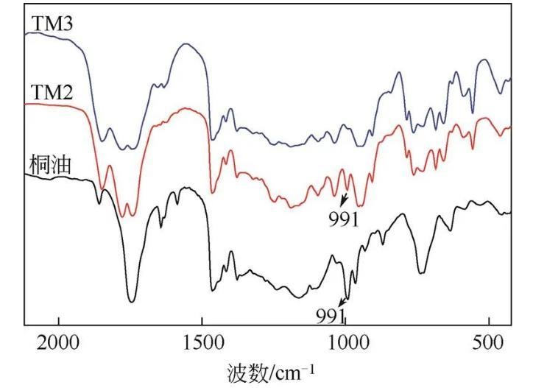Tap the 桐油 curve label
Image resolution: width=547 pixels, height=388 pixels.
tap(49, 164)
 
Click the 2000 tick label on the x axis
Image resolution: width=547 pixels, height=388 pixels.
tap(58, 343)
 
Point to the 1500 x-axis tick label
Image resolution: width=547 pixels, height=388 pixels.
tap(202, 343)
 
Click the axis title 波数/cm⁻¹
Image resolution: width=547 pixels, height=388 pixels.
tap(274, 372)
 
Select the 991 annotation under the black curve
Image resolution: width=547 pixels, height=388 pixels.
tap(331, 315)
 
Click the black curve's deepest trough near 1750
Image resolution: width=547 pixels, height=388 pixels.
tap(132, 301)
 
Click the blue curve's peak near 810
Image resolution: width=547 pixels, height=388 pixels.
tap(399, 72)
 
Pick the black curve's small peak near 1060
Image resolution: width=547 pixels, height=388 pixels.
tap(333, 255)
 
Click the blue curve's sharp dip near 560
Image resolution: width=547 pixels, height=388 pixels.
tap(472, 113)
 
